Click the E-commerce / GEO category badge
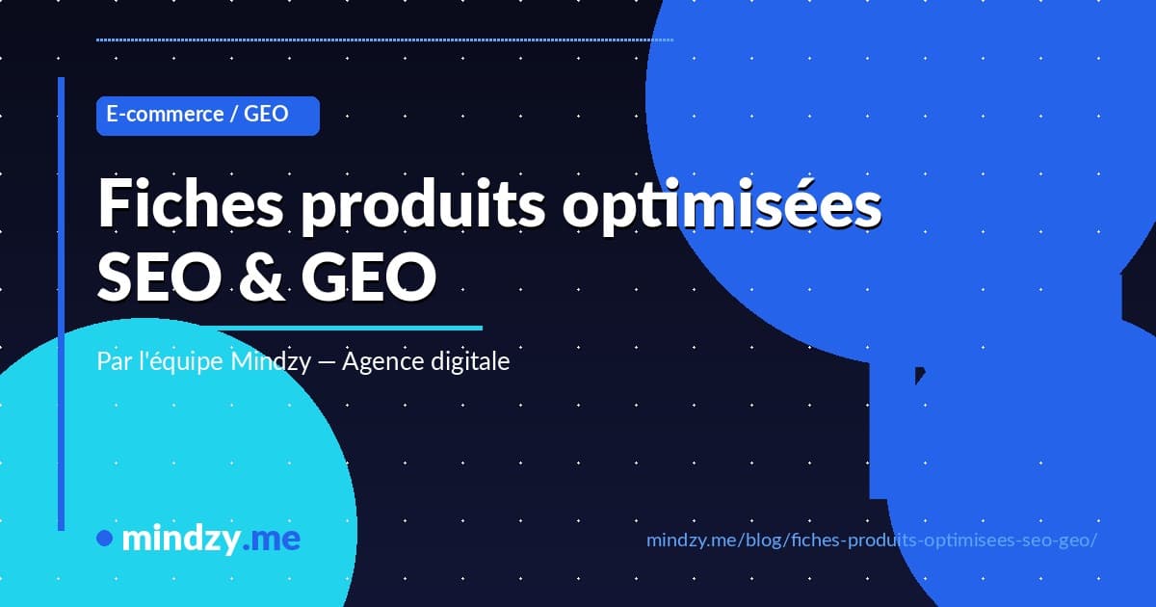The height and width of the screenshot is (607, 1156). [207, 115]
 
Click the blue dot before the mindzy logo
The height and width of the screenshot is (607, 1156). [105, 539]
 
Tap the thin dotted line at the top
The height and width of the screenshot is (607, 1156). [385, 40]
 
